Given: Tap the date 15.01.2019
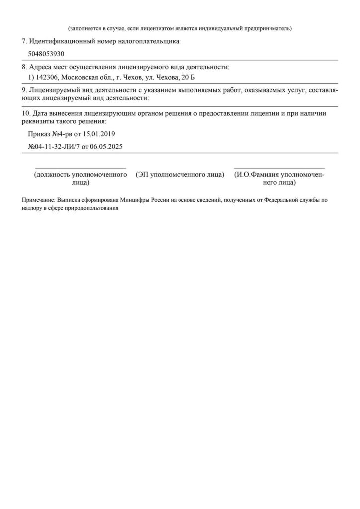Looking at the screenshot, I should click(98, 134).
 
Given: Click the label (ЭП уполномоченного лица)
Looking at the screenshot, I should click(180, 175).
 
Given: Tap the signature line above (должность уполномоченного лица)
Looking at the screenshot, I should click(80, 168).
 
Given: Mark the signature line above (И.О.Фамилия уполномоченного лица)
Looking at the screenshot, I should click(279, 168).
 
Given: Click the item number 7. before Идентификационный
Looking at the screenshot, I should click(25, 41).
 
